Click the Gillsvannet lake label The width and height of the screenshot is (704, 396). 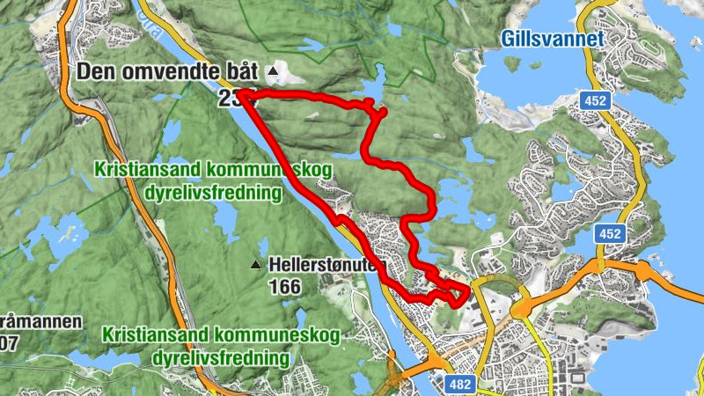[x=554, y=39]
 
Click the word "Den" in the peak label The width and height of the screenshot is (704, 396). [x=94, y=72]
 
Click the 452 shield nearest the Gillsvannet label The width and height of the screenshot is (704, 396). [x=596, y=101]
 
